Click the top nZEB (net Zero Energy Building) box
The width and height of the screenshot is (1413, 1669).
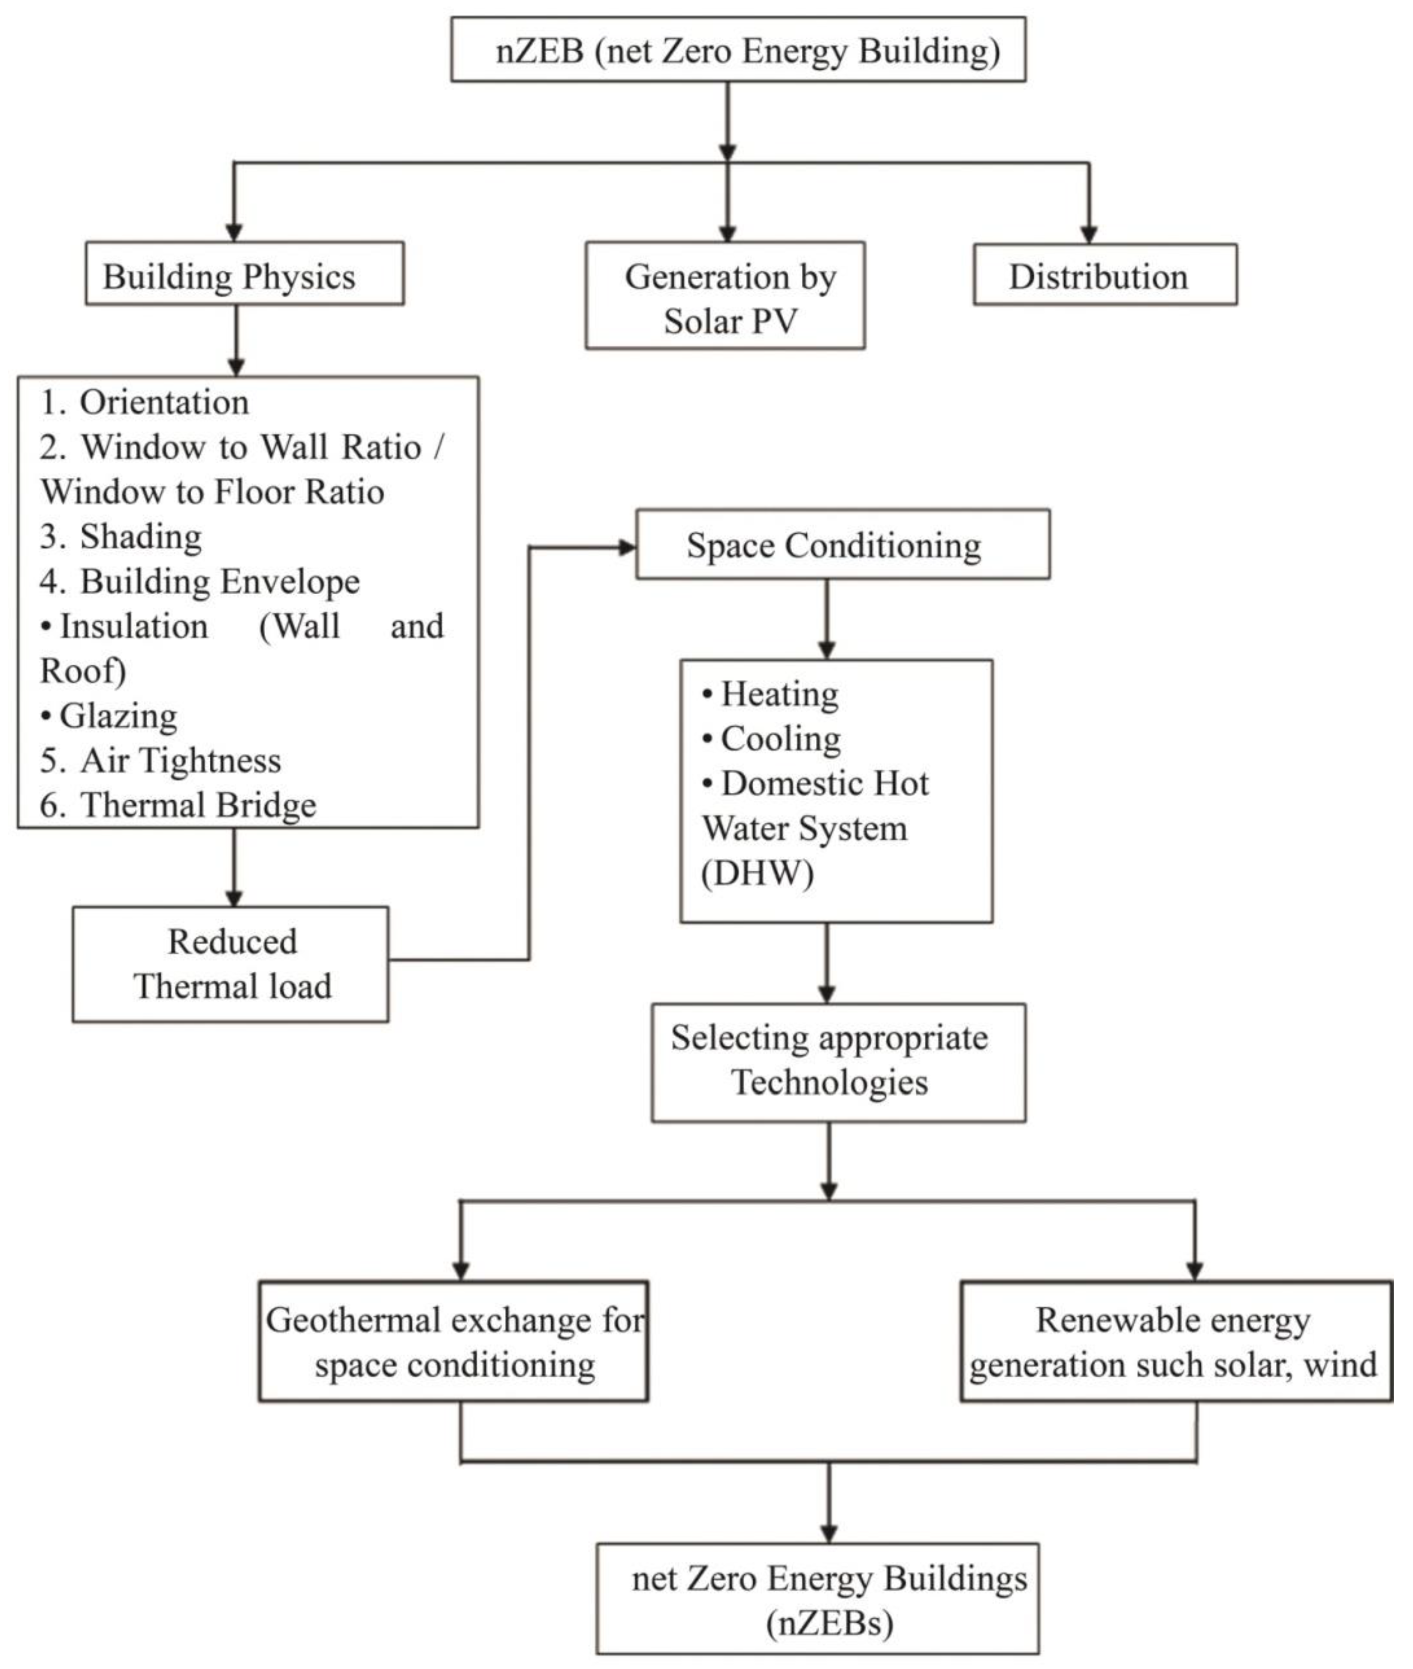(x=738, y=50)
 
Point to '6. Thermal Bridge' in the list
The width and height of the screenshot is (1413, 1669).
(x=178, y=804)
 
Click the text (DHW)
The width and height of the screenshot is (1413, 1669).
(x=758, y=873)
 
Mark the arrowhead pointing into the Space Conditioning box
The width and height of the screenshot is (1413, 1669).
(x=626, y=547)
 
